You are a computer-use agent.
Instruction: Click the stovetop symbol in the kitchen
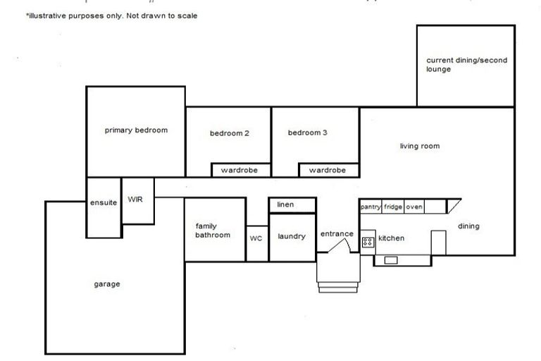(368, 242)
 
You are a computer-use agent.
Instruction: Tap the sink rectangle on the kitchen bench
(391, 260)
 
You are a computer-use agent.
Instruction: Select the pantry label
(371, 207)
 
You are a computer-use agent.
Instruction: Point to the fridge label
(393, 207)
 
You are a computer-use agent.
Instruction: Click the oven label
(414, 207)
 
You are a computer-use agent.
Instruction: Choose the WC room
(256, 239)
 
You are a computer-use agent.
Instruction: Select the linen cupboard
(285, 204)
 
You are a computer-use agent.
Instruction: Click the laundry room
(292, 236)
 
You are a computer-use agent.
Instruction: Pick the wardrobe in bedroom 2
(240, 170)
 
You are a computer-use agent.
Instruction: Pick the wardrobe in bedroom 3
(328, 170)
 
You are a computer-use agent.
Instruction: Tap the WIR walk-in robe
(136, 200)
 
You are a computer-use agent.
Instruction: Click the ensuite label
(104, 203)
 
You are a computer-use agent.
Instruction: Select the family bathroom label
(213, 231)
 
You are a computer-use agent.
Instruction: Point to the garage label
(107, 284)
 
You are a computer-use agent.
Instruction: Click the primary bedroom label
(136, 130)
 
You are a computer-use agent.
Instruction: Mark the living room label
(420, 147)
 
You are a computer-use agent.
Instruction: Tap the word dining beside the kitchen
(468, 226)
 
